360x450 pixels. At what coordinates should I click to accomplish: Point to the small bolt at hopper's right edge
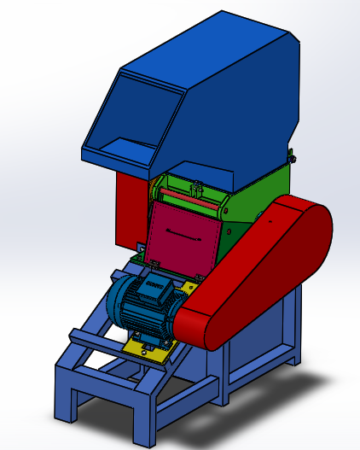(x=291, y=157)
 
